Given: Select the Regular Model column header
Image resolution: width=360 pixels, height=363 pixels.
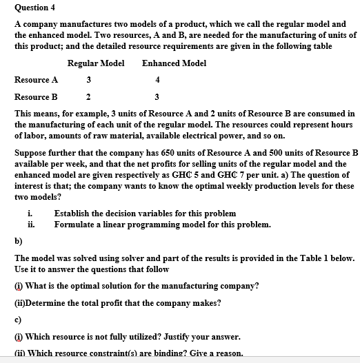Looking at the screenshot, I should [x=96, y=63].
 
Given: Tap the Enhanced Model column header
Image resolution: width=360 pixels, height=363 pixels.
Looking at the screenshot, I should [x=174, y=63].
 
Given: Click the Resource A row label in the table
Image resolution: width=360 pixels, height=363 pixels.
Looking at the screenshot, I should [x=36, y=79].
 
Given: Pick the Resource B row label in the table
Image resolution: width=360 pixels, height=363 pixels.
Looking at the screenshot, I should [x=36, y=96].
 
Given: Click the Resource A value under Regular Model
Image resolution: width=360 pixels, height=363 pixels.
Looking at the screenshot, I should [x=88, y=79].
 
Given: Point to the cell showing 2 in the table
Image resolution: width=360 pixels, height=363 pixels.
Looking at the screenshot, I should [x=88, y=96].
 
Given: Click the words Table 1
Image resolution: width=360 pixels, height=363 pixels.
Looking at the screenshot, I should [x=312, y=258].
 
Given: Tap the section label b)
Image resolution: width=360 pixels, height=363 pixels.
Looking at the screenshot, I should [x=19, y=241].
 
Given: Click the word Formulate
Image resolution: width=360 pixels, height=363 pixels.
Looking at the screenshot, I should [x=74, y=225].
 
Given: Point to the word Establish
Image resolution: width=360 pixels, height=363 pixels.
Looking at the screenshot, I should [x=73, y=214].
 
